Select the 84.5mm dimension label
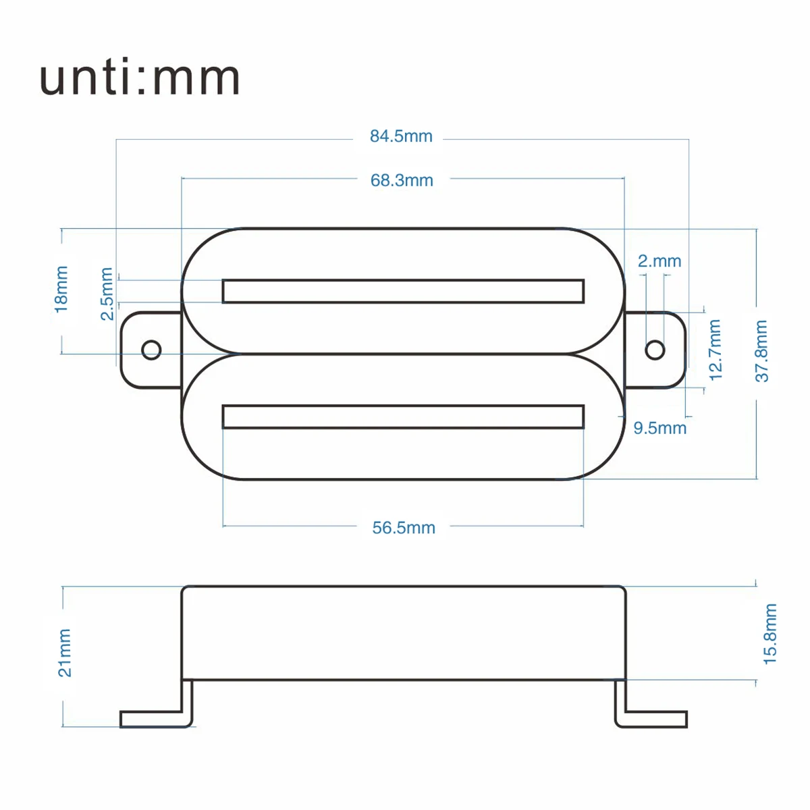[x=401, y=136]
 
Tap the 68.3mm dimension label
[x=402, y=180]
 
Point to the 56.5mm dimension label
[x=404, y=528]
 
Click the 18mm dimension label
[x=61, y=289]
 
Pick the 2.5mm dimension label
[x=106, y=294]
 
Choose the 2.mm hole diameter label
[x=659, y=261]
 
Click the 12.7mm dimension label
[x=715, y=350]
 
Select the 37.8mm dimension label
[x=761, y=351]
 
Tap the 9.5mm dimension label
[x=659, y=428]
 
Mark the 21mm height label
[x=64, y=653]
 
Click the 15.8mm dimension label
[x=770, y=634]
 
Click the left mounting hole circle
[x=151, y=350]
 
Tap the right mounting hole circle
[x=655, y=350]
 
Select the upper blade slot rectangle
[x=403, y=291]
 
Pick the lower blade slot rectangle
[x=403, y=416]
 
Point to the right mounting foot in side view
[x=651, y=718]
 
